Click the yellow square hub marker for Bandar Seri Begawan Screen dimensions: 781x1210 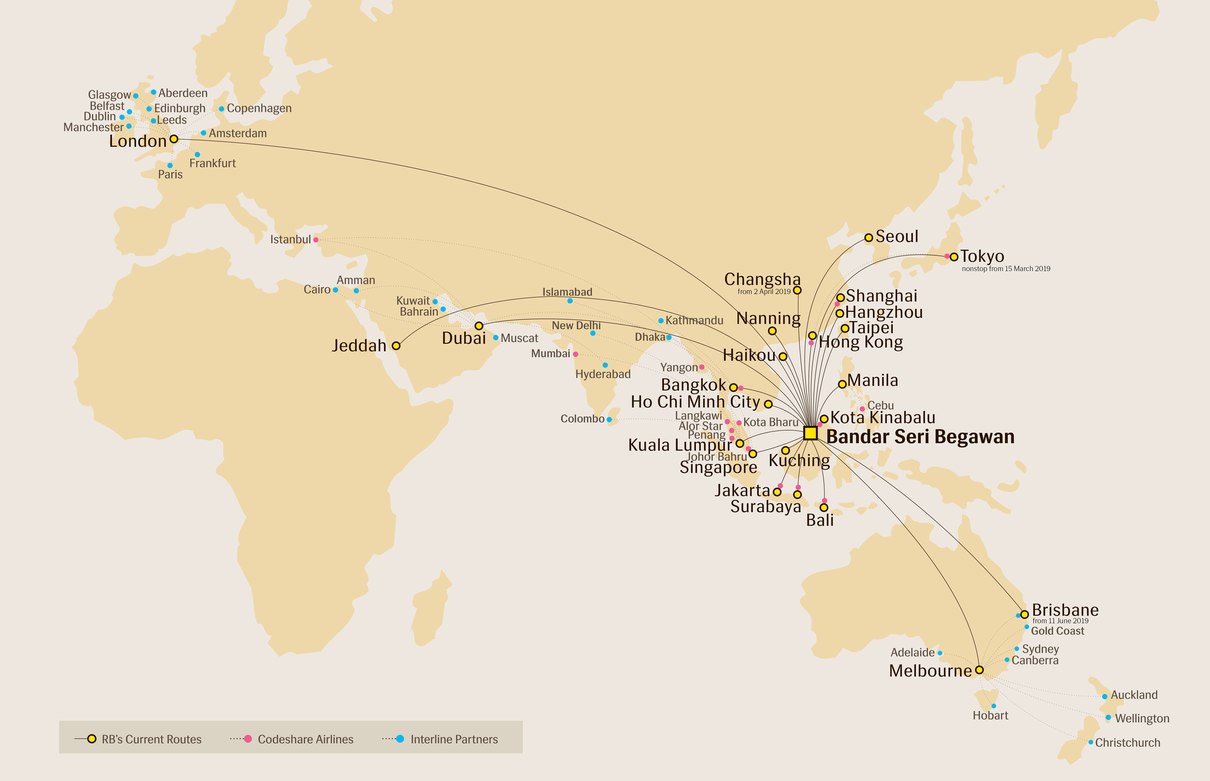coord(810,433)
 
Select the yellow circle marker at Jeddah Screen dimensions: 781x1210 coord(396,346)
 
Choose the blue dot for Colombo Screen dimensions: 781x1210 coord(609,419)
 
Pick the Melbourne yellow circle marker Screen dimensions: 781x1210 coord(979,670)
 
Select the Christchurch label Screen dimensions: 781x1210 coord(1127,742)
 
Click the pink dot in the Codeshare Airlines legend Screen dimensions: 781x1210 coord(248,739)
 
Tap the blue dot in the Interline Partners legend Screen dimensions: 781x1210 coord(400,739)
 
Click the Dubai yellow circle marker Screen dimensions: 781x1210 coord(478,325)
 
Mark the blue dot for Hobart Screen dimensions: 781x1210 coord(993,706)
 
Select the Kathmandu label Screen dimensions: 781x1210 coord(694,320)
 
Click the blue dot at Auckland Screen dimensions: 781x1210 coord(1104,696)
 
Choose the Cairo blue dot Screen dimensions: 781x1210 coord(335,290)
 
